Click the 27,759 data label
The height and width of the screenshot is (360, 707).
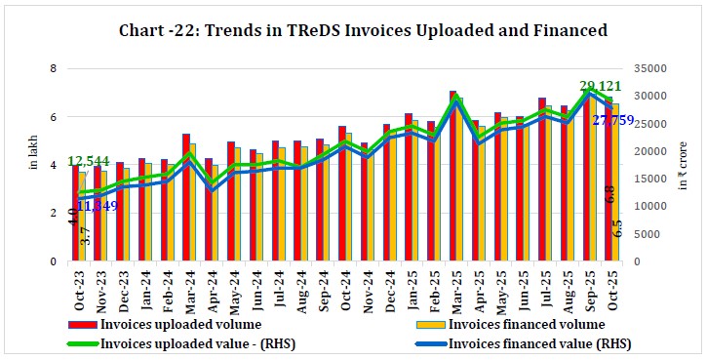click(x=614, y=120)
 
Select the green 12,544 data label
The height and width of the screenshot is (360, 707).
click(x=89, y=161)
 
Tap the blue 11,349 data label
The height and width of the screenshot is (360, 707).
click(x=98, y=207)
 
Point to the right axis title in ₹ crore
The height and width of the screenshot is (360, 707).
click(x=686, y=160)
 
